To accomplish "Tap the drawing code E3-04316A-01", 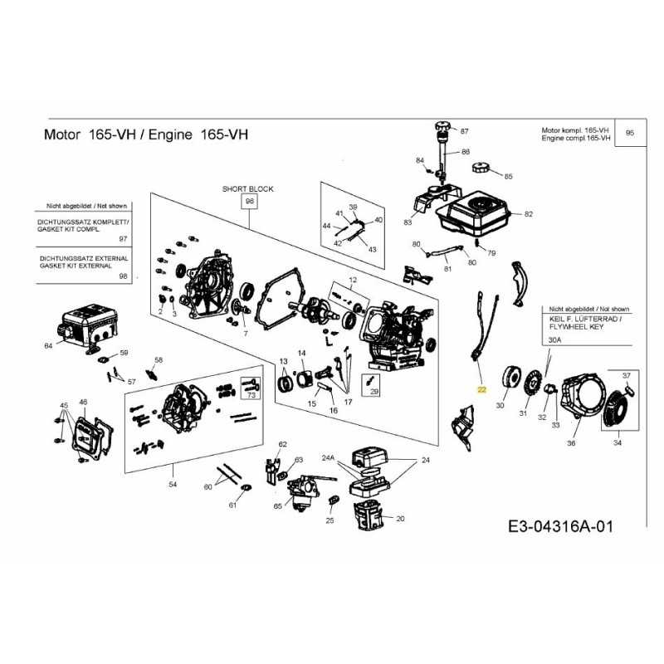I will click(564, 527).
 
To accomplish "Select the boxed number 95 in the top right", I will click(628, 133).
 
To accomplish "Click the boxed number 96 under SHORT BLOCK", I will click(247, 202).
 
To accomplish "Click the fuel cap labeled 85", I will click(482, 168).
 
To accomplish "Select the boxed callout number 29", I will click(373, 392).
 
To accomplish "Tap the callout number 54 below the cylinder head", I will click(173, 483).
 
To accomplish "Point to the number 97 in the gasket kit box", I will click(124, 238).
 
